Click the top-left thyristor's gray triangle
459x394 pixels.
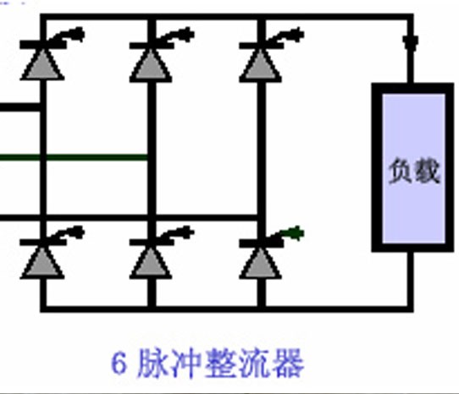click(42, 65)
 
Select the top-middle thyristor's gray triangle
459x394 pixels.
click(151, 65)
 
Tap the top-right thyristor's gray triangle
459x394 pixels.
click(261, 65)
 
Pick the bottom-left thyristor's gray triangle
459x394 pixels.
click(42, 263)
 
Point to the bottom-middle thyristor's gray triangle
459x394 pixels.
click(151, 263)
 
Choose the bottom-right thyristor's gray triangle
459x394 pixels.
click(261, 263)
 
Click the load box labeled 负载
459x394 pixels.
click(412, 167)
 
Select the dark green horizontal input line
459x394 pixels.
click(74, 157)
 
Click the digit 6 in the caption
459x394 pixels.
click(119, 363)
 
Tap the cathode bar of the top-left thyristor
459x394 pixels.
click(43, 45)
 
